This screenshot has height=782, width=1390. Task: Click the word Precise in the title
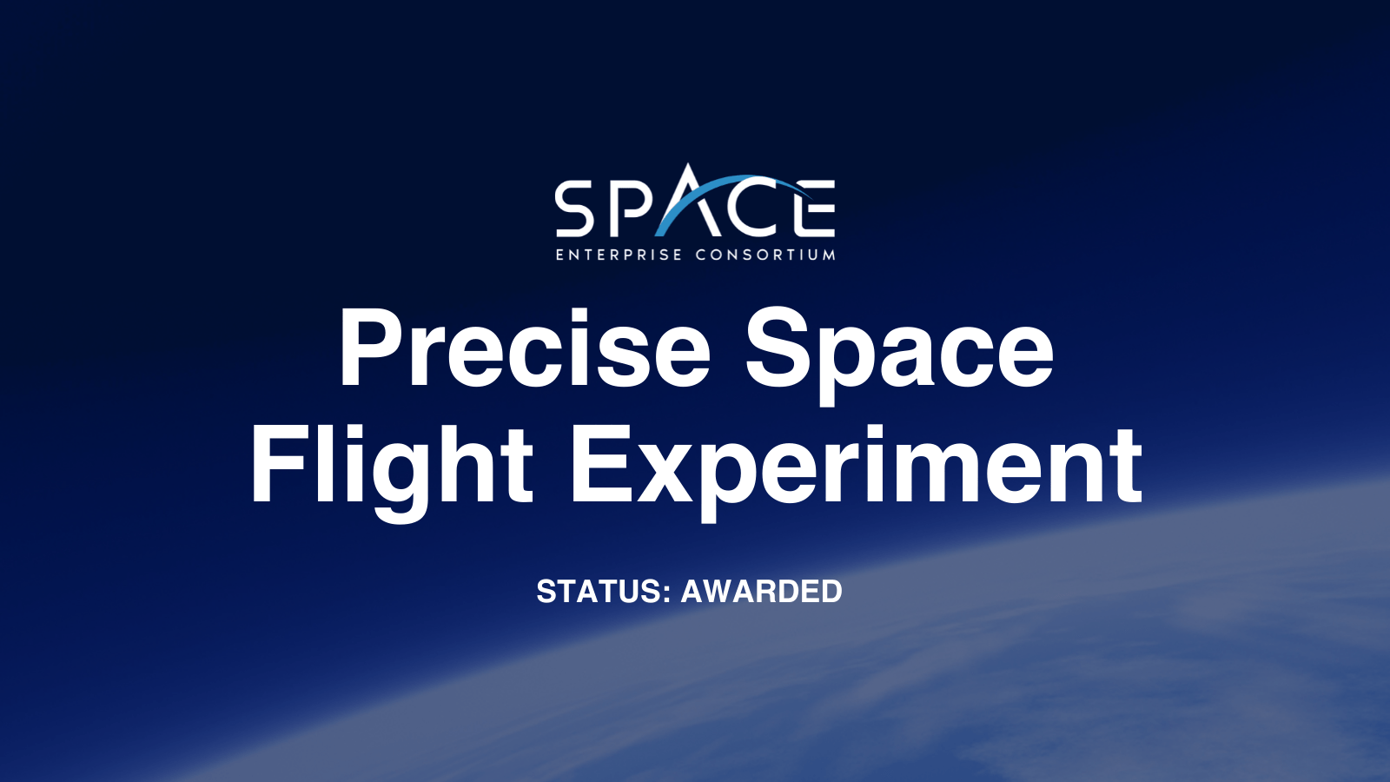(x=525, y=348)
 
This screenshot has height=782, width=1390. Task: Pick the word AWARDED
(x=761, y=591)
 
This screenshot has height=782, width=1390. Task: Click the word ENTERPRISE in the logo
(x=619, y=255)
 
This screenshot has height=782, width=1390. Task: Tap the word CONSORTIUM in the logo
(x=765, y=255)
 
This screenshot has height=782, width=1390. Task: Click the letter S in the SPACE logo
(x=576, y=209)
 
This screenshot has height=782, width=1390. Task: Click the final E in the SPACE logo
(x=815, y=209)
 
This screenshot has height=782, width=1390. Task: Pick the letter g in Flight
(x=400, y=482)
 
